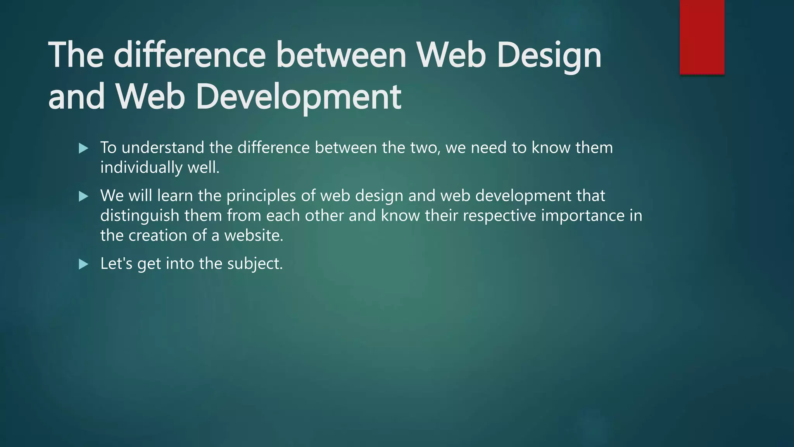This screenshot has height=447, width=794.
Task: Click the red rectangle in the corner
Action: pos(702,37)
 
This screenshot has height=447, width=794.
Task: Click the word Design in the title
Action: pos(549,55)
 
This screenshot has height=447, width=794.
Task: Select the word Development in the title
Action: pos(299,97)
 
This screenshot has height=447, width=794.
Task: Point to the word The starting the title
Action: pos(76,55)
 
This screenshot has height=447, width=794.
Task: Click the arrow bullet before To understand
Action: pos(83,148)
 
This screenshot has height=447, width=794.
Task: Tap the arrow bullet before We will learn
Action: pos(83,196)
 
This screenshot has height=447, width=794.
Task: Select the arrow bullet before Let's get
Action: pos(83,265)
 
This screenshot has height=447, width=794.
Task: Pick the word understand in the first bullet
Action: pos(163,148)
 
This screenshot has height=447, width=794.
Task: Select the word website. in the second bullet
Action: pos(254,236)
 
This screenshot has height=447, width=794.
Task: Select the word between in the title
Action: pos(341,55)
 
